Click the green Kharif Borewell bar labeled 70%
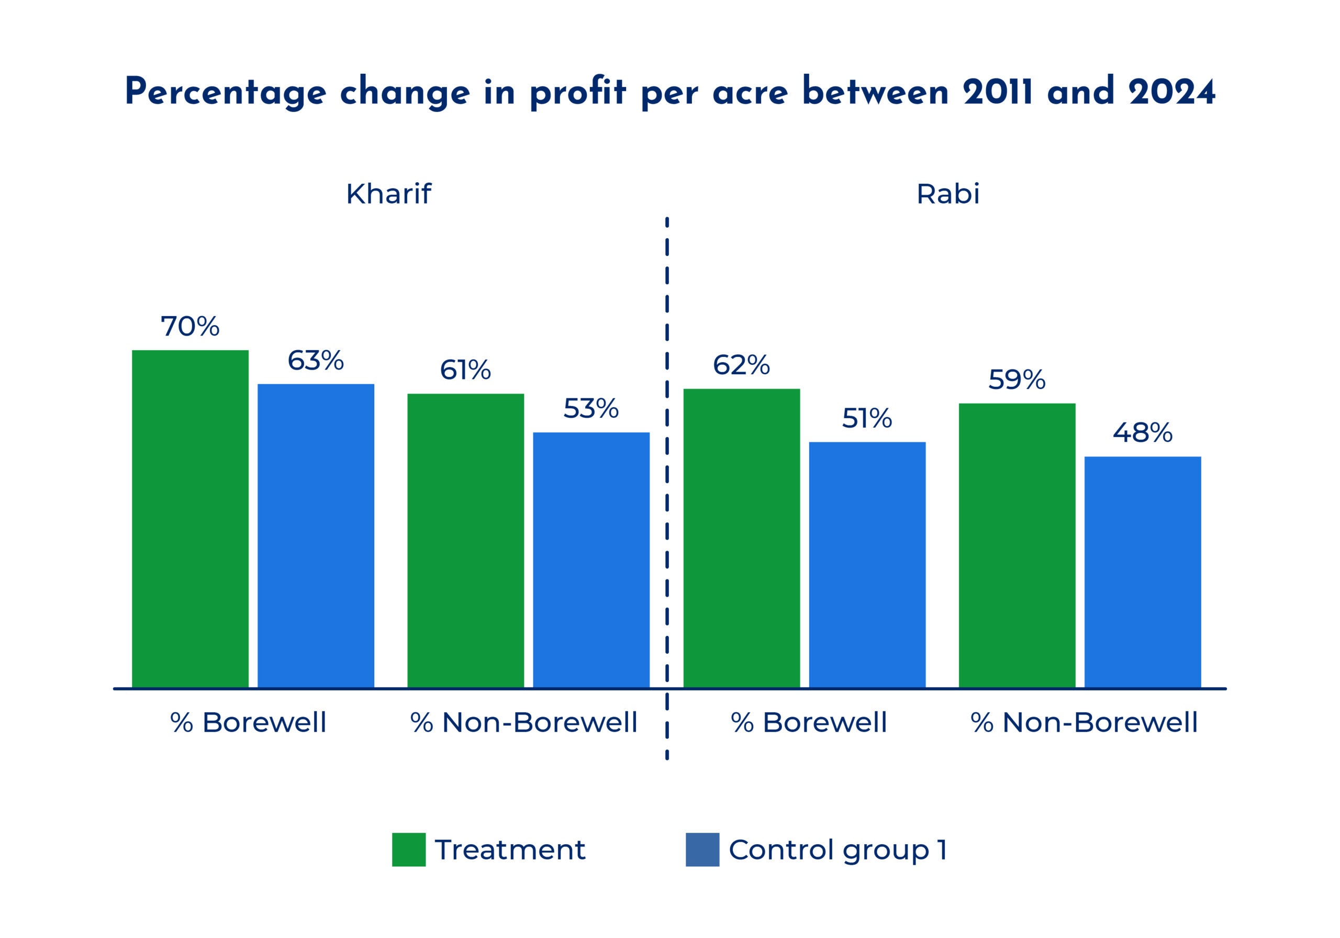pyautogui.click(x=190, y=519)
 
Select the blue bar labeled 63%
pyautogui.click(x=316, y=536)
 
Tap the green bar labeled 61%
pyautogui.click(x=466, y=541)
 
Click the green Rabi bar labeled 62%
pyautogui.click(x=741, y=538)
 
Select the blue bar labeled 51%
pyautogui.click(x=867, y=565)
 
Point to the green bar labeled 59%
pyautogui.click(x=1017, y=545)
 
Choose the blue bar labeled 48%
pyautogui.click(x=1143, y=572)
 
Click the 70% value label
pyautogui.click(x=190, y=327)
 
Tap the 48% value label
pyautogui.click(x=1142, y=433)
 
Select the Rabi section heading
pyautogui.click(x=948, y=194)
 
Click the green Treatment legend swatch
pyautogui.click(x=408, y=850)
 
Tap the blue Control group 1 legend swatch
pyautogui.click(x=702, y=850)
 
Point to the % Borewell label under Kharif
pyautogui.click(x=248, y=723)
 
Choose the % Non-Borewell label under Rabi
pyautogui.click(x=1084, y=723)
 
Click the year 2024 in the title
pyautogui.click(x=1172, y=92)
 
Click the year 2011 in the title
pyautogui.click(x=998, y=92)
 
